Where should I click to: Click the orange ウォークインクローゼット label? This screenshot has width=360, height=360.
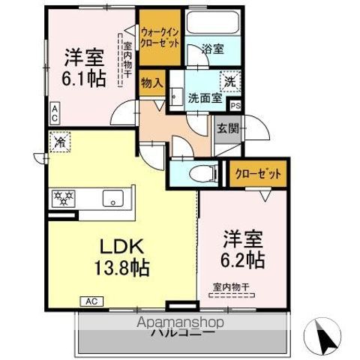159,37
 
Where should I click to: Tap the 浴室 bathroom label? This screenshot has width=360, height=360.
213,49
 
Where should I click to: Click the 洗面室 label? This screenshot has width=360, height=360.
203,97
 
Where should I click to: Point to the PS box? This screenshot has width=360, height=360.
235,105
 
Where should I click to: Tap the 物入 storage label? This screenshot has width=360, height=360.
151,83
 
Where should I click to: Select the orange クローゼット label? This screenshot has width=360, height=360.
258,174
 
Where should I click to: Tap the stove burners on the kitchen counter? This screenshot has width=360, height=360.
64,198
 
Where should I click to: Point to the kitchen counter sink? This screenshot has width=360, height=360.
114,198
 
